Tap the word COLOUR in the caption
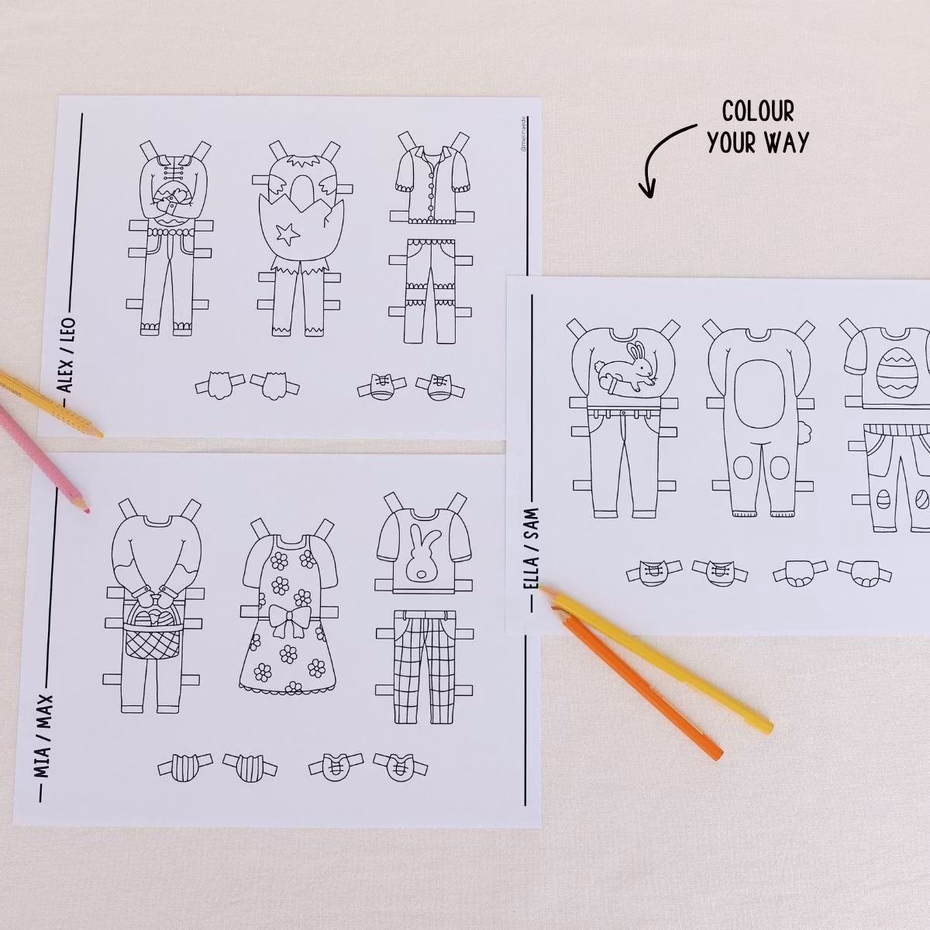click(747, 112)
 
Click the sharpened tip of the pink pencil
click(85, 510)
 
